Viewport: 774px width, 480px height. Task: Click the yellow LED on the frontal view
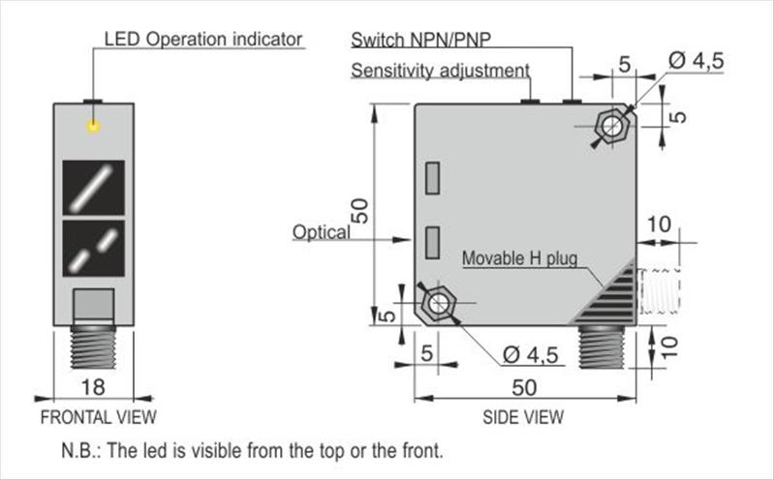point(94,127)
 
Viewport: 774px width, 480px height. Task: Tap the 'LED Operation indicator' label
point(203,40)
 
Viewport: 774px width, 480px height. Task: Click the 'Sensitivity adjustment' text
point(440,71)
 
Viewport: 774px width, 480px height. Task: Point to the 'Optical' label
point(322,232)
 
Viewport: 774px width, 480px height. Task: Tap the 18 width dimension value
point(93,387)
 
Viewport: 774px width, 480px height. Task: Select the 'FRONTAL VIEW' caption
point(97,418)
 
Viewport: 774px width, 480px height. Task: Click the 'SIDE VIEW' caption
point(523,418)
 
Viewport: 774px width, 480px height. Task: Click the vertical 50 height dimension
point(359,212)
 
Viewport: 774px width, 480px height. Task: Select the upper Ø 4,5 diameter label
point(695,61)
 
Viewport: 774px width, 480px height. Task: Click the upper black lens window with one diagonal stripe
point(94,187)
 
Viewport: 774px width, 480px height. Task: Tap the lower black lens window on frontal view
point(94,249)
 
